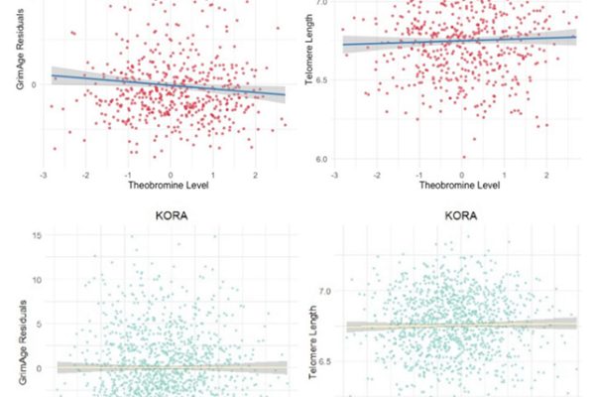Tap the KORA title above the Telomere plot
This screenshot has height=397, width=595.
461,213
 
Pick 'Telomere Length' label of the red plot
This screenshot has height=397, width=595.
310,60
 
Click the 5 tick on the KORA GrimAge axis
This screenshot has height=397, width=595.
36,324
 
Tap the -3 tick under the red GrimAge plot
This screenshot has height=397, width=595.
43,173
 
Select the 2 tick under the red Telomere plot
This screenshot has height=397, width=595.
546,173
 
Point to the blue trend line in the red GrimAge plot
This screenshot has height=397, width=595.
169,84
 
